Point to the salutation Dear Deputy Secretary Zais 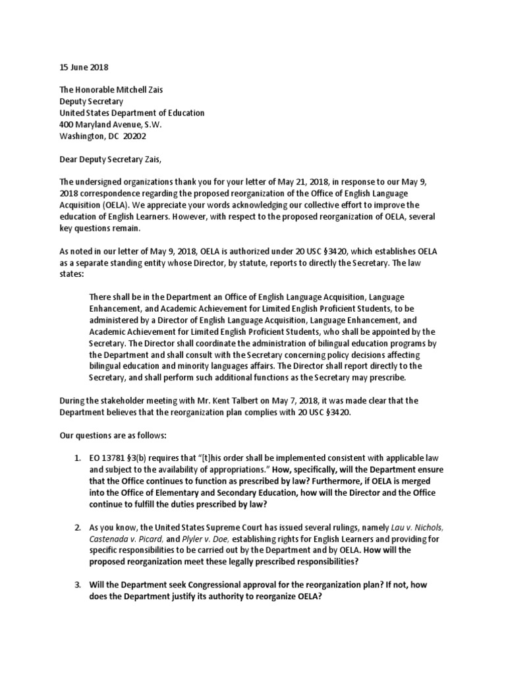tap(110, 159)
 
